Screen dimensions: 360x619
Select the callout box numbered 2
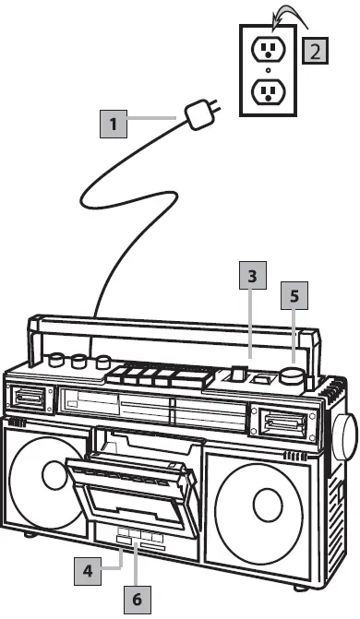coord(316,50)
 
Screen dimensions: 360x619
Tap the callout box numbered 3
coord(251,275)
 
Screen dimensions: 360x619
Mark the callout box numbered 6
coord(137,599)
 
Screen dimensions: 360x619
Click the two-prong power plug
coord(199,116)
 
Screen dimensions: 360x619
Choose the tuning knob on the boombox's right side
coord(343,436)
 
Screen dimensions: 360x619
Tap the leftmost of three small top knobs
coord(58,360)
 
